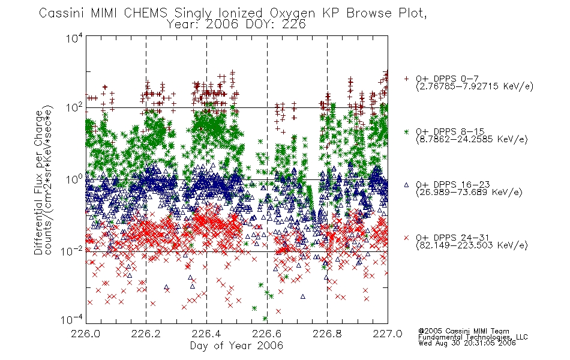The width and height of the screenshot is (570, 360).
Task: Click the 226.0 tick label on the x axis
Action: [x=85, y=334]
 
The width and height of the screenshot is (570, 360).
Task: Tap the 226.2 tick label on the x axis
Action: [x=146, y=334]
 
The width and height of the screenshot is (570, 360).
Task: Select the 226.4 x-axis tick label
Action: [x=206, y=334]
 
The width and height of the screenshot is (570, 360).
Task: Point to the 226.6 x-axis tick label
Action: [x=267, y=334]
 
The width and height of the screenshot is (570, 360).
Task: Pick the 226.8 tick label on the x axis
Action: [x=327, y=334]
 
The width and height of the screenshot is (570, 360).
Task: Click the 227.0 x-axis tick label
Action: [x=388, y=334]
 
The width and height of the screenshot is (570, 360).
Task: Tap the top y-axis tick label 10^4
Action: [x=74, y=38]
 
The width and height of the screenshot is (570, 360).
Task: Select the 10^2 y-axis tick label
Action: [x=74, y=107]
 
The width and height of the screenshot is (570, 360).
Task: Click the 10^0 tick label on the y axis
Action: [x=74, y=179]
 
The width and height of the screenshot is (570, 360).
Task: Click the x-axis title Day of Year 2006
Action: [x=236, y=346]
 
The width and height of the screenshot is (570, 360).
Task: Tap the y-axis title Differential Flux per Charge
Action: [x=39, y=182]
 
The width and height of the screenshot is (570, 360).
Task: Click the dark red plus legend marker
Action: [x=406, y=79]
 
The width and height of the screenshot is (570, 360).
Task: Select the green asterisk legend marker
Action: [x=406, y=131]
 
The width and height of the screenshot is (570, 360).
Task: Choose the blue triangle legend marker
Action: [x=406, y=185]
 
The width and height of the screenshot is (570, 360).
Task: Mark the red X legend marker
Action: [x=406, y=238]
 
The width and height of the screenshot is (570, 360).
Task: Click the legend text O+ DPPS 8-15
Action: [x=451, y=131]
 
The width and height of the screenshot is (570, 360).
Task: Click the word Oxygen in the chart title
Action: [x=292, y=13]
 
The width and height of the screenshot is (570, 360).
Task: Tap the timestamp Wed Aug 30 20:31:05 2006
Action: [x=467, y=343]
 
